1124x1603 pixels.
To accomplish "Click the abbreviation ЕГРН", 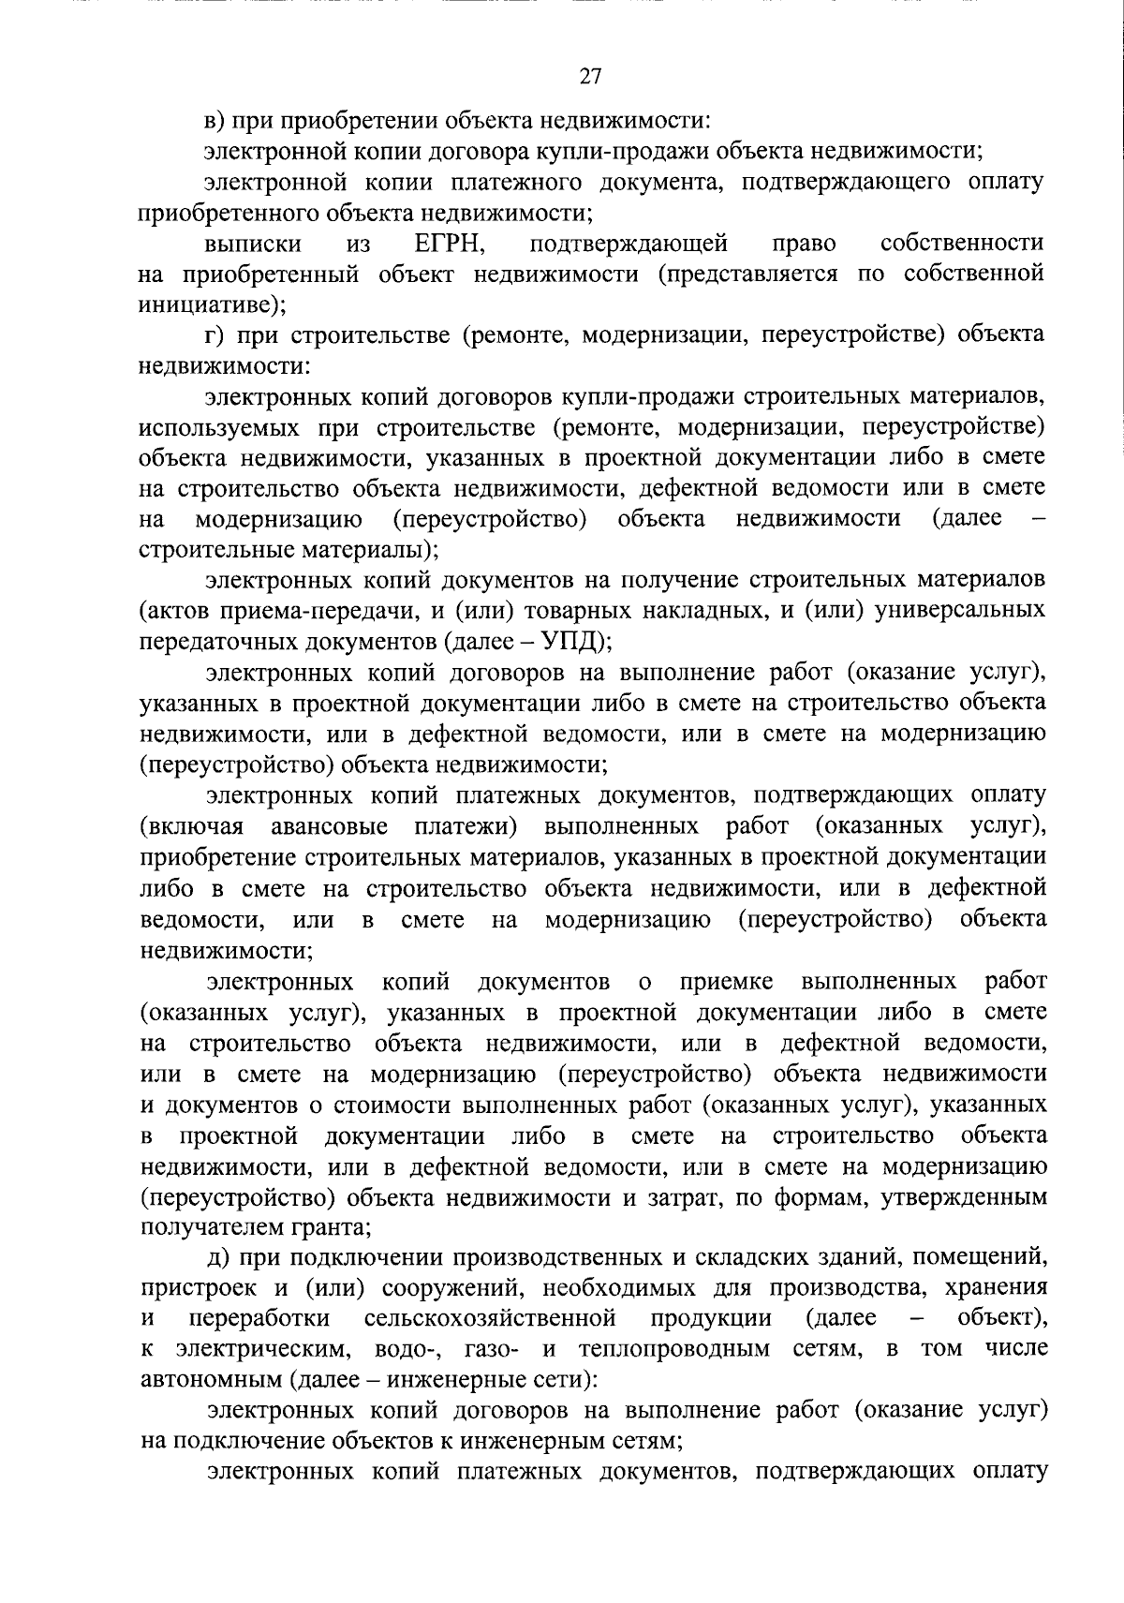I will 448,244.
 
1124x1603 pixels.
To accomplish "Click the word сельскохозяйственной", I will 490,1318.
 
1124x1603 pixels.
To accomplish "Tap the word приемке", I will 727,981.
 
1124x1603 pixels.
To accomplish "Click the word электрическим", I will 259,1349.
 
